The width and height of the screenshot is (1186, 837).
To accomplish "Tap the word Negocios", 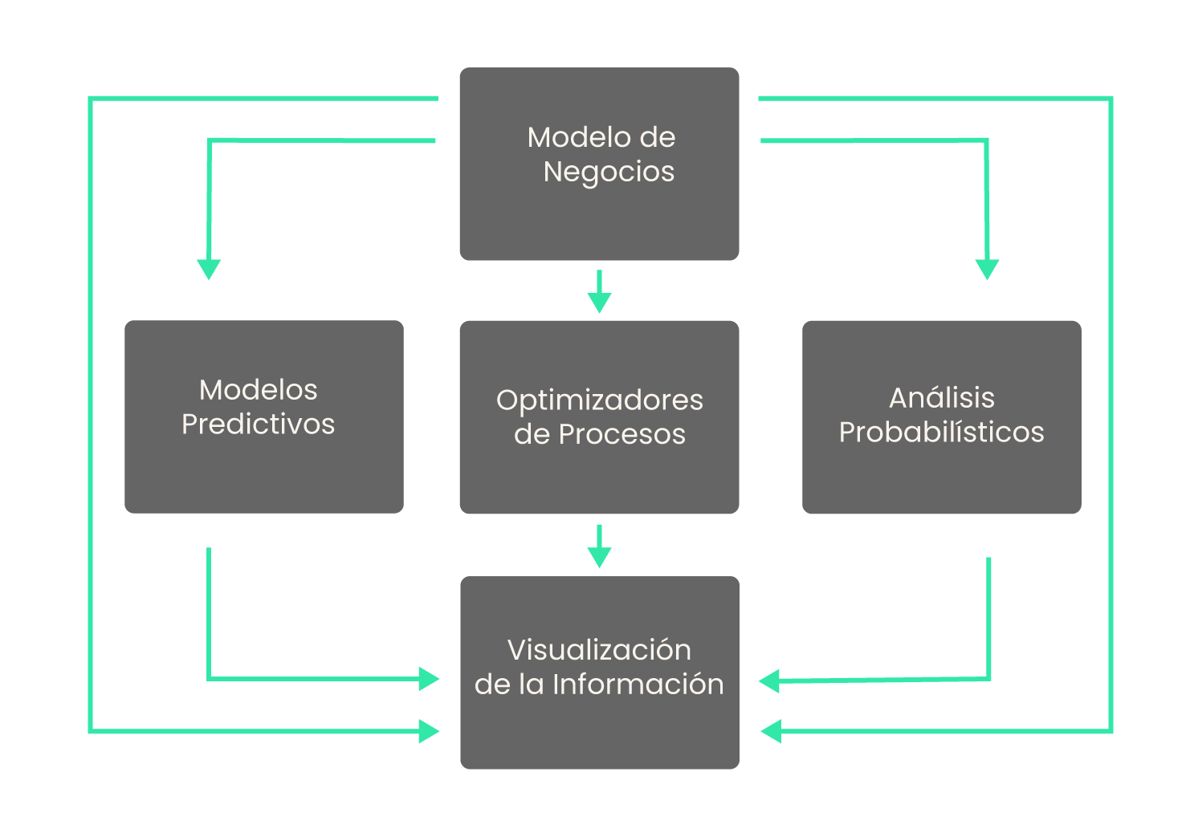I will coord(609,172).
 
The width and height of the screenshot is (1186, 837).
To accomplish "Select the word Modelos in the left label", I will coord(258,390).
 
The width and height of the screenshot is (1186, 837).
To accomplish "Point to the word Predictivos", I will coord(258,425).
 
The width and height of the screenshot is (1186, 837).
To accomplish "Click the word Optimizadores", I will coord(599,400).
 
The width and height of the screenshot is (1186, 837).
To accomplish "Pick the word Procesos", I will coord(622,435).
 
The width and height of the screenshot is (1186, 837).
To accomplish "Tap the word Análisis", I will coord(941,398).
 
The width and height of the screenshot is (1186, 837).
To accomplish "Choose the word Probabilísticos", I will coord(941,433).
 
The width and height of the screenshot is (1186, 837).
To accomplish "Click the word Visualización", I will coord(599,650).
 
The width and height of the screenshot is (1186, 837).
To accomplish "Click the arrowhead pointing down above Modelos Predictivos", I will coord(209,268).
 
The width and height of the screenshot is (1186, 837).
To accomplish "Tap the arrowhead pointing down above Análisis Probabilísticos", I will coord(987,268).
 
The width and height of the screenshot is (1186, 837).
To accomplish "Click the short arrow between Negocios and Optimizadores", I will coord(599,292).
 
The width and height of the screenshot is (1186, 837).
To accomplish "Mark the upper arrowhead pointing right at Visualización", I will coord(429,679).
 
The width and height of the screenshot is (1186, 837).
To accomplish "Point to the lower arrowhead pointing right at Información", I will coord(429,731).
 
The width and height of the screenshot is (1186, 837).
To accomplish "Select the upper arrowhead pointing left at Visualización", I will coord(770,681).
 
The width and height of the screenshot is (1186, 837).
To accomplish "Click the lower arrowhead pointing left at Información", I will coord(771,731).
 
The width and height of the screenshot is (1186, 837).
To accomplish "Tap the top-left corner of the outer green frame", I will coord(91,100).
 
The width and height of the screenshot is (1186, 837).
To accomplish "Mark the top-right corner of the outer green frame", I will coord(1111,100).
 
